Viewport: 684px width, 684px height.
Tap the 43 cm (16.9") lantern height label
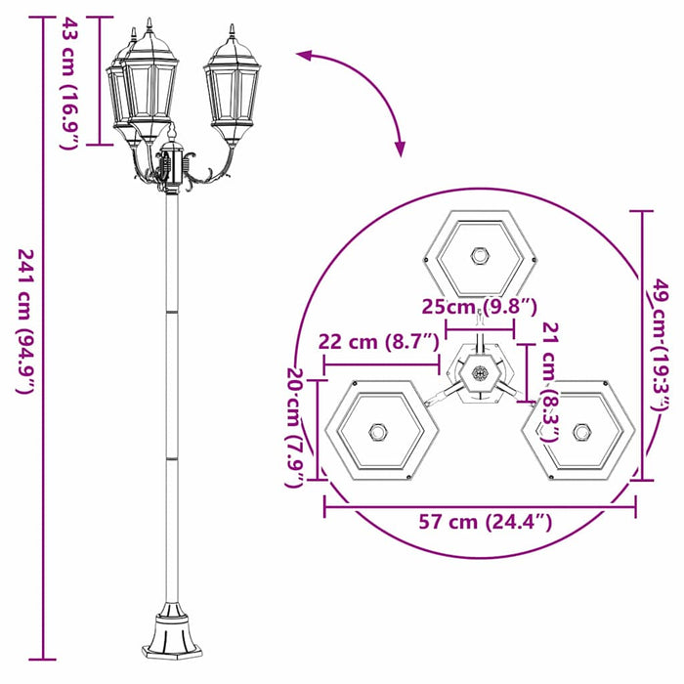(x=67, y=83)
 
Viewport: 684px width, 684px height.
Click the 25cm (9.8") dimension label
(x=479, y=307)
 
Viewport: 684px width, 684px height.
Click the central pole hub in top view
(x=480, y=372)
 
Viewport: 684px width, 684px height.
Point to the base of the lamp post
(x=171, y=634)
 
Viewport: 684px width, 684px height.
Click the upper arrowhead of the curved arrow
(x=305, y=57)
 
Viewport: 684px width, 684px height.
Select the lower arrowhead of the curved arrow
(x=399, y=148)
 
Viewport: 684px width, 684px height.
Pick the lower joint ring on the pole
(x=171, y=456)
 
